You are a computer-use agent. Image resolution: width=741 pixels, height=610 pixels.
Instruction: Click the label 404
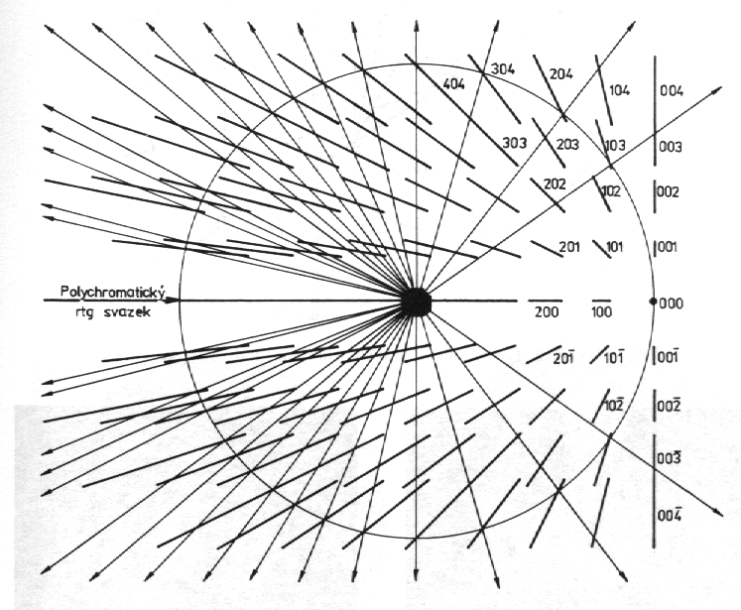coord(453,84)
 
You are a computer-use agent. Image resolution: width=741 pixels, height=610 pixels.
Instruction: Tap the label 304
coord(503,69)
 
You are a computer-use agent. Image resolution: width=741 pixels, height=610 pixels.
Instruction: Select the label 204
coord(560,73)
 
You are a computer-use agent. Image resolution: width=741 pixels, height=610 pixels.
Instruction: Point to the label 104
coord(620,90)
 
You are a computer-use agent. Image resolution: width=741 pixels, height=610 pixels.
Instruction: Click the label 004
coord(672,90)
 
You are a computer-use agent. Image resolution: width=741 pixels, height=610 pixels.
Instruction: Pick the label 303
coord(514,142)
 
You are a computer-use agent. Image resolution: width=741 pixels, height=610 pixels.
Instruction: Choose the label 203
coord(567,144)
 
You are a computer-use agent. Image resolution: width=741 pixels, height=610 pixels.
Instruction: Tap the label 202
coord(555,183)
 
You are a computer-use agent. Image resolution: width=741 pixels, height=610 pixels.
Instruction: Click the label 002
coord(668,191)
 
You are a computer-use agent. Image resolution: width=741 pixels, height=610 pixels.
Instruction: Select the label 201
coord(569,247)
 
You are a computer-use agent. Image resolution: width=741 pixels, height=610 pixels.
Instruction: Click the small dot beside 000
coord(654,301)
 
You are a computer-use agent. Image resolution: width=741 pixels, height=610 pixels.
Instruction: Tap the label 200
coord(547,311)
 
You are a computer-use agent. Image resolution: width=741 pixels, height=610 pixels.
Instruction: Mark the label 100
coord(601,311)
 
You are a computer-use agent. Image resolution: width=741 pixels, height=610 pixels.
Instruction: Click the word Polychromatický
coord(111,292)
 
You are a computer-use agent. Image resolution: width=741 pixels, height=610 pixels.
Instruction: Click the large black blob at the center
coord(416,302)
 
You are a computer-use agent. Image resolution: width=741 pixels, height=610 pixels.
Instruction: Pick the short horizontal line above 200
coord(545,301)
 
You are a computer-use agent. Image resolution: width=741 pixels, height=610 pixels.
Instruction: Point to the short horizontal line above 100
coord(601,301)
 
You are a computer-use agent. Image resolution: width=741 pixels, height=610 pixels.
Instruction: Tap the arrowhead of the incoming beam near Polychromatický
coord(174,300)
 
